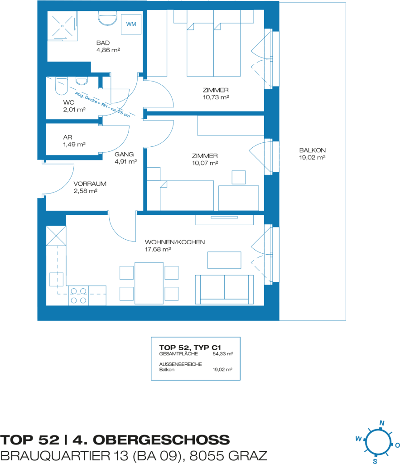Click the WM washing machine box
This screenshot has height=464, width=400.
131,24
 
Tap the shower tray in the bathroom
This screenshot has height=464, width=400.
63,26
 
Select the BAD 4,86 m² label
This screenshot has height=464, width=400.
108,47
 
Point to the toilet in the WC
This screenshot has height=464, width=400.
62,86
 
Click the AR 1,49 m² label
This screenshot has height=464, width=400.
74,141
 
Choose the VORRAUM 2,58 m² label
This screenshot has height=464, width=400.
90,187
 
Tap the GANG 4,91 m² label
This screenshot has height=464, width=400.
126,158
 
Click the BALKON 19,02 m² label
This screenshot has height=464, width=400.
312,154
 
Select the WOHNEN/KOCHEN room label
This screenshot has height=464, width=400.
174,246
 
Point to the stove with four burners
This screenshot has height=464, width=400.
78,295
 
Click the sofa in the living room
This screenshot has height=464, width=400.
224,290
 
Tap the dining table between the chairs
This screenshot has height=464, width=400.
149,283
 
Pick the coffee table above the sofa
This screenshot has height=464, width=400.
224,260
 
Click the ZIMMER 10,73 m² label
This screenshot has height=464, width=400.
216,93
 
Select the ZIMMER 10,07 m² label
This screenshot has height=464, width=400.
205,159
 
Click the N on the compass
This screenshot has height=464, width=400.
382,423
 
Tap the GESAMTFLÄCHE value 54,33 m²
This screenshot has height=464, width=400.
223,353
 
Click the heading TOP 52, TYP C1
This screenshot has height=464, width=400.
190,348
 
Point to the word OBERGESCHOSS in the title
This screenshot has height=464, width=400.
161,440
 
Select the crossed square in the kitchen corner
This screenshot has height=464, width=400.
56,236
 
